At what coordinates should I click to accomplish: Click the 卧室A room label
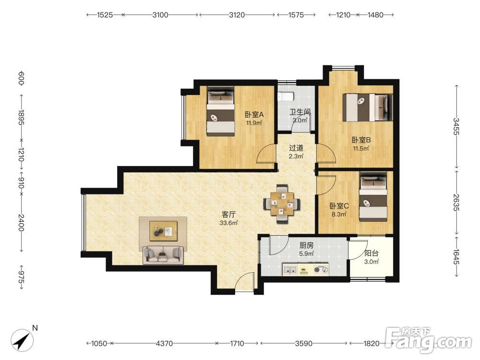point(254,115)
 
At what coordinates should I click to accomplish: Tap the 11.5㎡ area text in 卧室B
point(361,149)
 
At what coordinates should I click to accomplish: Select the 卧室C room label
point(339,206)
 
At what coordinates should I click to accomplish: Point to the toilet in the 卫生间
point(287,96)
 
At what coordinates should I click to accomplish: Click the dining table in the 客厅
point(282,204)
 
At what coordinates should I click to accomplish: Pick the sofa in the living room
point(163,255)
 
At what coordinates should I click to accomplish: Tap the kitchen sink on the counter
point(290,270)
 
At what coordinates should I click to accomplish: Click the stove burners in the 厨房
point(321,270)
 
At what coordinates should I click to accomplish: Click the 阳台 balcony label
point(372,253)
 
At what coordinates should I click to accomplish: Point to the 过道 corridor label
point(296,148)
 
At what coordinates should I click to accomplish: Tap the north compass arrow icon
point(22,339)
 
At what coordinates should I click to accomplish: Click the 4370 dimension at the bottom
point(164,344)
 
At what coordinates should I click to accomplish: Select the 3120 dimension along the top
point(237,15)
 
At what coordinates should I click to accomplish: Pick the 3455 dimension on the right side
point(456,126)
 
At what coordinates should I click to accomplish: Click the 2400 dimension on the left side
point(21,223)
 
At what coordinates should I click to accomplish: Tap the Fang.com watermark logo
point(429,339)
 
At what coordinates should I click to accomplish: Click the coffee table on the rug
point(163,231)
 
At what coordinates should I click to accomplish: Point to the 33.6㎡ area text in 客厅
point(228,223)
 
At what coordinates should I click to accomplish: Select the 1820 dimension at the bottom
point(372,344)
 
